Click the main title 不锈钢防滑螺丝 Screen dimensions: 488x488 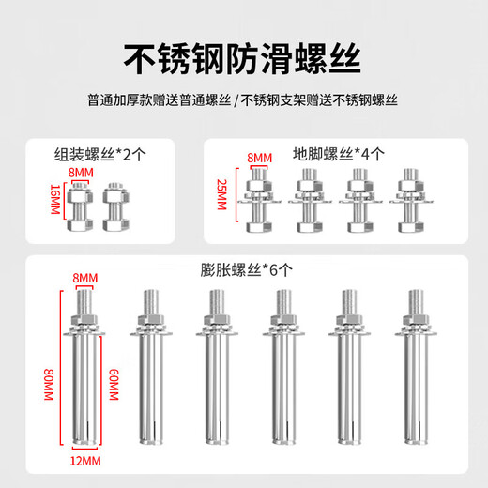coord(243,54)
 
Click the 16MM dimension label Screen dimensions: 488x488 coord(54,199)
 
